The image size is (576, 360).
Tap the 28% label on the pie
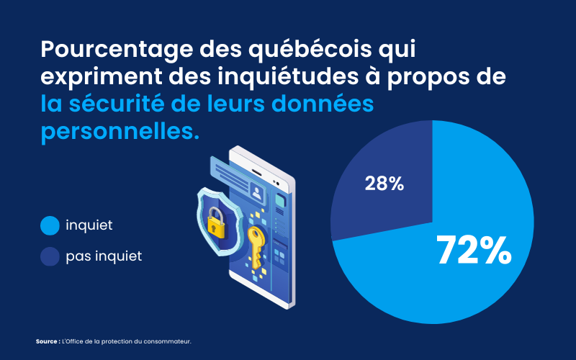[384, 184]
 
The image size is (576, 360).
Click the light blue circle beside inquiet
[50, 225]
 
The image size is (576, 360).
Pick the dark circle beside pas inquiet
[50, 256]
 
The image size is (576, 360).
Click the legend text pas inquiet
[104, 256]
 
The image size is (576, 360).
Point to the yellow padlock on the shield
[215, 225]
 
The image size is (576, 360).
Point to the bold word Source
[46, 341]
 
